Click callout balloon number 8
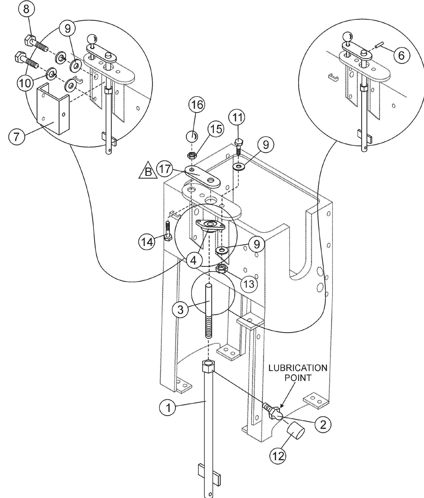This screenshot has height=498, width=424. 26,9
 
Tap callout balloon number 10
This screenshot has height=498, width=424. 26,83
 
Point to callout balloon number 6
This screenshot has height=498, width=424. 401,55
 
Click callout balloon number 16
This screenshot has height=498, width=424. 197,105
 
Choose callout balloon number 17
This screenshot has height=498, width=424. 165,169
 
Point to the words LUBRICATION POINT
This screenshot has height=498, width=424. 298,373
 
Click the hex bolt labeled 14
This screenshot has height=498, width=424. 167,232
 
